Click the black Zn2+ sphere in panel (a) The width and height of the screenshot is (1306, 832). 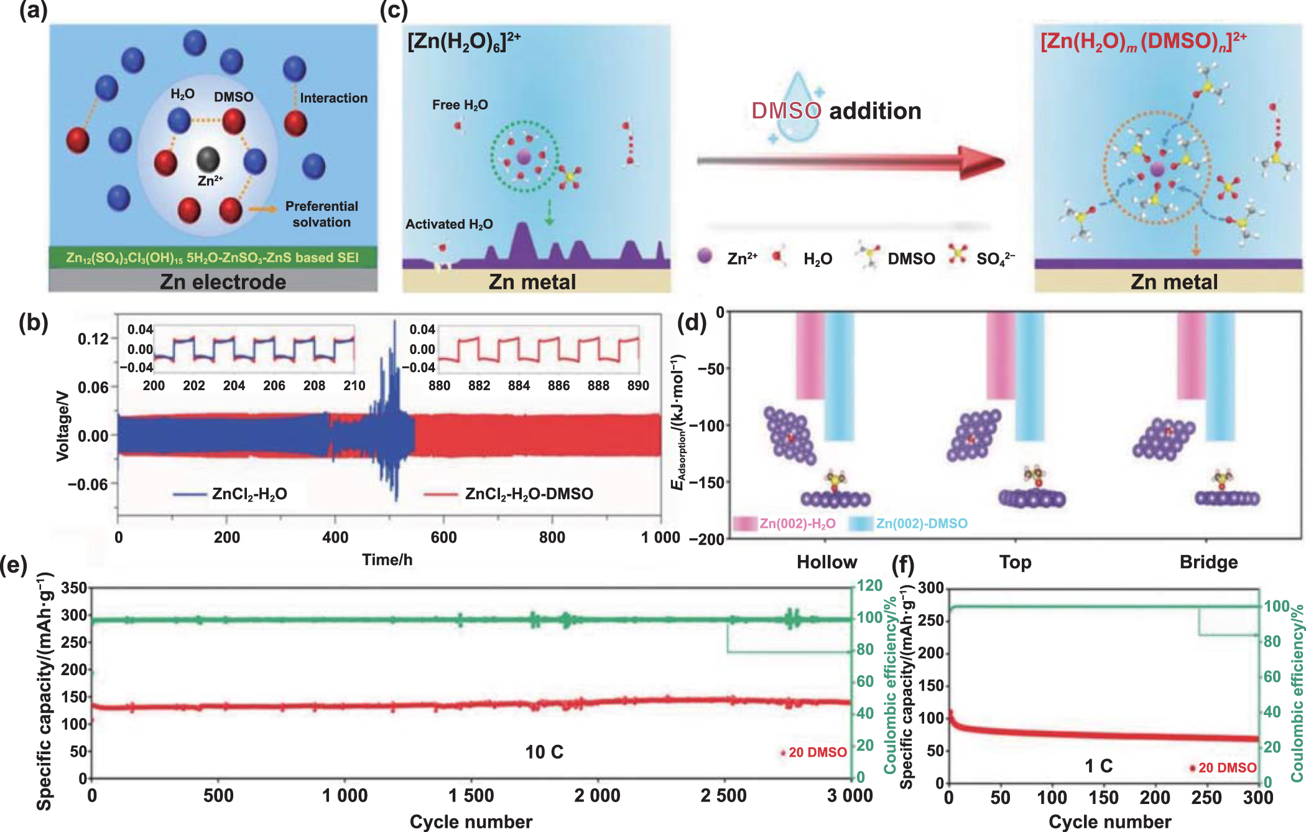point(208,159)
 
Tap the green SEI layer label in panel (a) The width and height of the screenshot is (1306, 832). point(213,258)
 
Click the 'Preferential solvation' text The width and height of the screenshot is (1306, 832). point(321,214)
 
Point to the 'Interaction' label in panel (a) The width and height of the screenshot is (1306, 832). point(333,98)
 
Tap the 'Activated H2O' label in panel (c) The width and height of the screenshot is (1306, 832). point(449,224)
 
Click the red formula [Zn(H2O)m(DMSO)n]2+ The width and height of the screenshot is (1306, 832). point(1143,41)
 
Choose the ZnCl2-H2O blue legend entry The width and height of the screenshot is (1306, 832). point(249,494)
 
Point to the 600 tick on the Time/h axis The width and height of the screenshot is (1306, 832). point(443,537)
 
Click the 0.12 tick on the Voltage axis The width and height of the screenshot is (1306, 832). point(93,339)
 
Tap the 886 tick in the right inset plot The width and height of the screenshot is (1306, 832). point(558,386)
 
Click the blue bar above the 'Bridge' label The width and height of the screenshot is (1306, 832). point(1220,377)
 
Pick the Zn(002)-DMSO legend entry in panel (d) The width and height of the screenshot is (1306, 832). point(921,524)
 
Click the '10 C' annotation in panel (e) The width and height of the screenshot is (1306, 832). point(544,752)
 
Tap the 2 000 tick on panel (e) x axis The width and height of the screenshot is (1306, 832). point(597,795)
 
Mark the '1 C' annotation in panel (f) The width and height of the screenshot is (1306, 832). point(1098,765)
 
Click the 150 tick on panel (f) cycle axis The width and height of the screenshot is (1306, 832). point(1103,797)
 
